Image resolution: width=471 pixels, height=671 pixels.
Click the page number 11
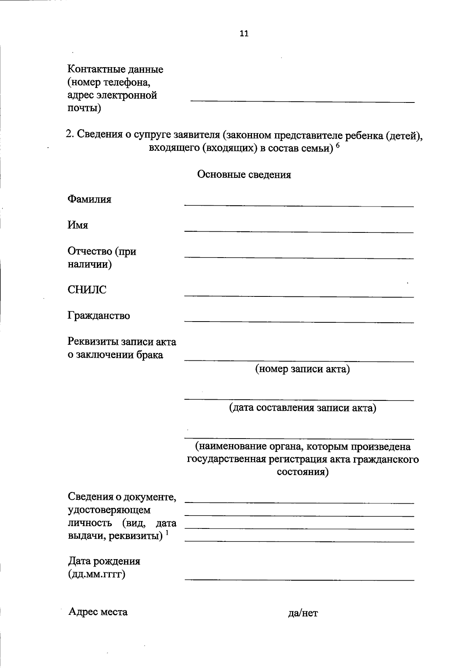[x=244, y=34]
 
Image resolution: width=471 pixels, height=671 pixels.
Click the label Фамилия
[x=89, y=199]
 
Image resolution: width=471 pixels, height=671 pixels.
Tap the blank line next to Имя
[x=299, y=232]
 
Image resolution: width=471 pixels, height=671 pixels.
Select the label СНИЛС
[x=87, y=290]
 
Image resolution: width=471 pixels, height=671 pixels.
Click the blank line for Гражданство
[x=299, y=322]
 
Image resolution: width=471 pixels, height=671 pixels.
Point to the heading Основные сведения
[x=244, y=175]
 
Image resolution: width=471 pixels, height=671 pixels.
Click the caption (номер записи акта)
[x=302, y=369]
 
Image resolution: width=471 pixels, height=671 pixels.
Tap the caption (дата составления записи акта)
[x=303, y=408]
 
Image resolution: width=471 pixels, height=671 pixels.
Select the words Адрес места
[x=98, y=612]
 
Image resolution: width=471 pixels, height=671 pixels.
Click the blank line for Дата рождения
[x=299, y=579]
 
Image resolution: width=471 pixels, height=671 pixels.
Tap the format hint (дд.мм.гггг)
[x=97, y=574]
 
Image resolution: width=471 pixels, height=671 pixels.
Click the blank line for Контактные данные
[x=302, y=101]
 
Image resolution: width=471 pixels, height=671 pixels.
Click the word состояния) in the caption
[x=303, y=472]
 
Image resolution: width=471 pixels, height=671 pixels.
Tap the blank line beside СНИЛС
[x=299, y=296]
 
